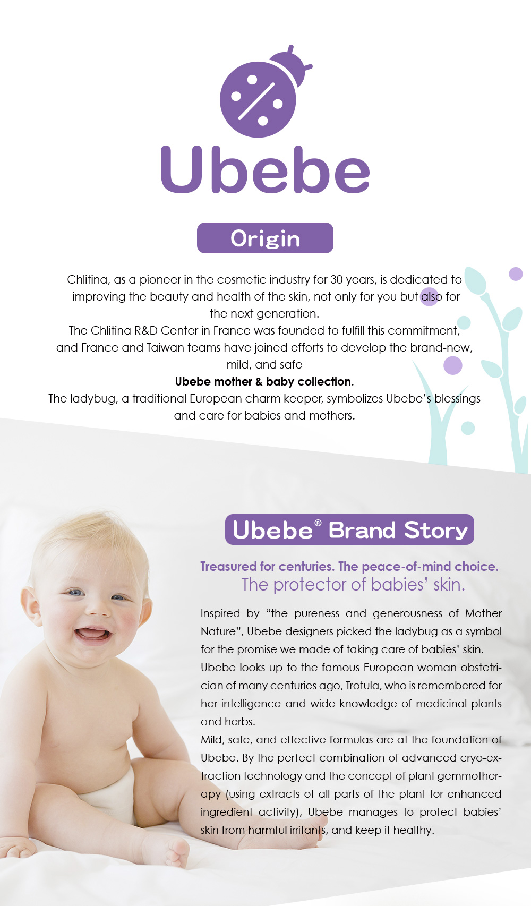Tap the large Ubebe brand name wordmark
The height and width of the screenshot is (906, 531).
coord(265,169)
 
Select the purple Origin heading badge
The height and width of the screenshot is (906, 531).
coord(265,238)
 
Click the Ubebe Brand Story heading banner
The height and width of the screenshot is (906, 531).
coord(349,529)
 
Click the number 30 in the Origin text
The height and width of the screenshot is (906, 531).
coord(337,279)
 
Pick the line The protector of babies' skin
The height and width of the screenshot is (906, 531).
coord(354,585)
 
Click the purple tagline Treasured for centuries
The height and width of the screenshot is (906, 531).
coord(267,566)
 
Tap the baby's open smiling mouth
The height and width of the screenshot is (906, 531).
coord(92,635)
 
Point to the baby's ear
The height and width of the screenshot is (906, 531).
coord(30,611)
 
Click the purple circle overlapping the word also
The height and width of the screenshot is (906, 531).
coord(429,297)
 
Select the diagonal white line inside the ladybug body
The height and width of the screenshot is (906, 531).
coord(256,101)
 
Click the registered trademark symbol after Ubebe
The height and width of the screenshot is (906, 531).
coord(318,523)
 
